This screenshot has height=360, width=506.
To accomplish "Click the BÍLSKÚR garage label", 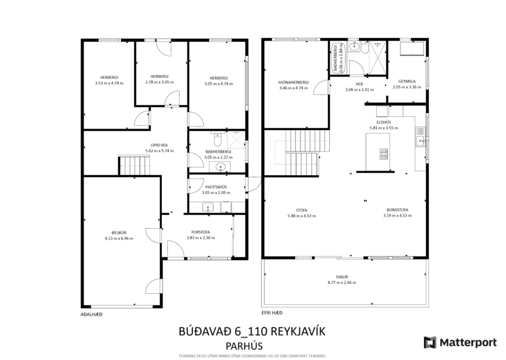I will click(x=119, y=233).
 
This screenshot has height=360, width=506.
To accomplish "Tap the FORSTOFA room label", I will click(x=201, y=232).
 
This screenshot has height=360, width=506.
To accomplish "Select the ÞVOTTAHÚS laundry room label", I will click(x=214, y=187).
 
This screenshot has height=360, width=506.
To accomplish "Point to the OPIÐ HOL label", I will click(x=157, y=146).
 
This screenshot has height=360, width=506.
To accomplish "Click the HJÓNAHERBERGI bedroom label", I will click(x=294, y=82).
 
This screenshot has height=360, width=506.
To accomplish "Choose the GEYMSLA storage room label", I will click(x=405, y=81).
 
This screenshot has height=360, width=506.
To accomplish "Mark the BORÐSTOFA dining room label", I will click(x=397, y=210).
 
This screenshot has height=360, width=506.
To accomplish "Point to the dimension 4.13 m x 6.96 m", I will click(x=119, y=239).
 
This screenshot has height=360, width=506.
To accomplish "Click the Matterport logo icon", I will click(x=430, y=343).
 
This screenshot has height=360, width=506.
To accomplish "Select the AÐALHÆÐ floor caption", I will click(x=91, y=314).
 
